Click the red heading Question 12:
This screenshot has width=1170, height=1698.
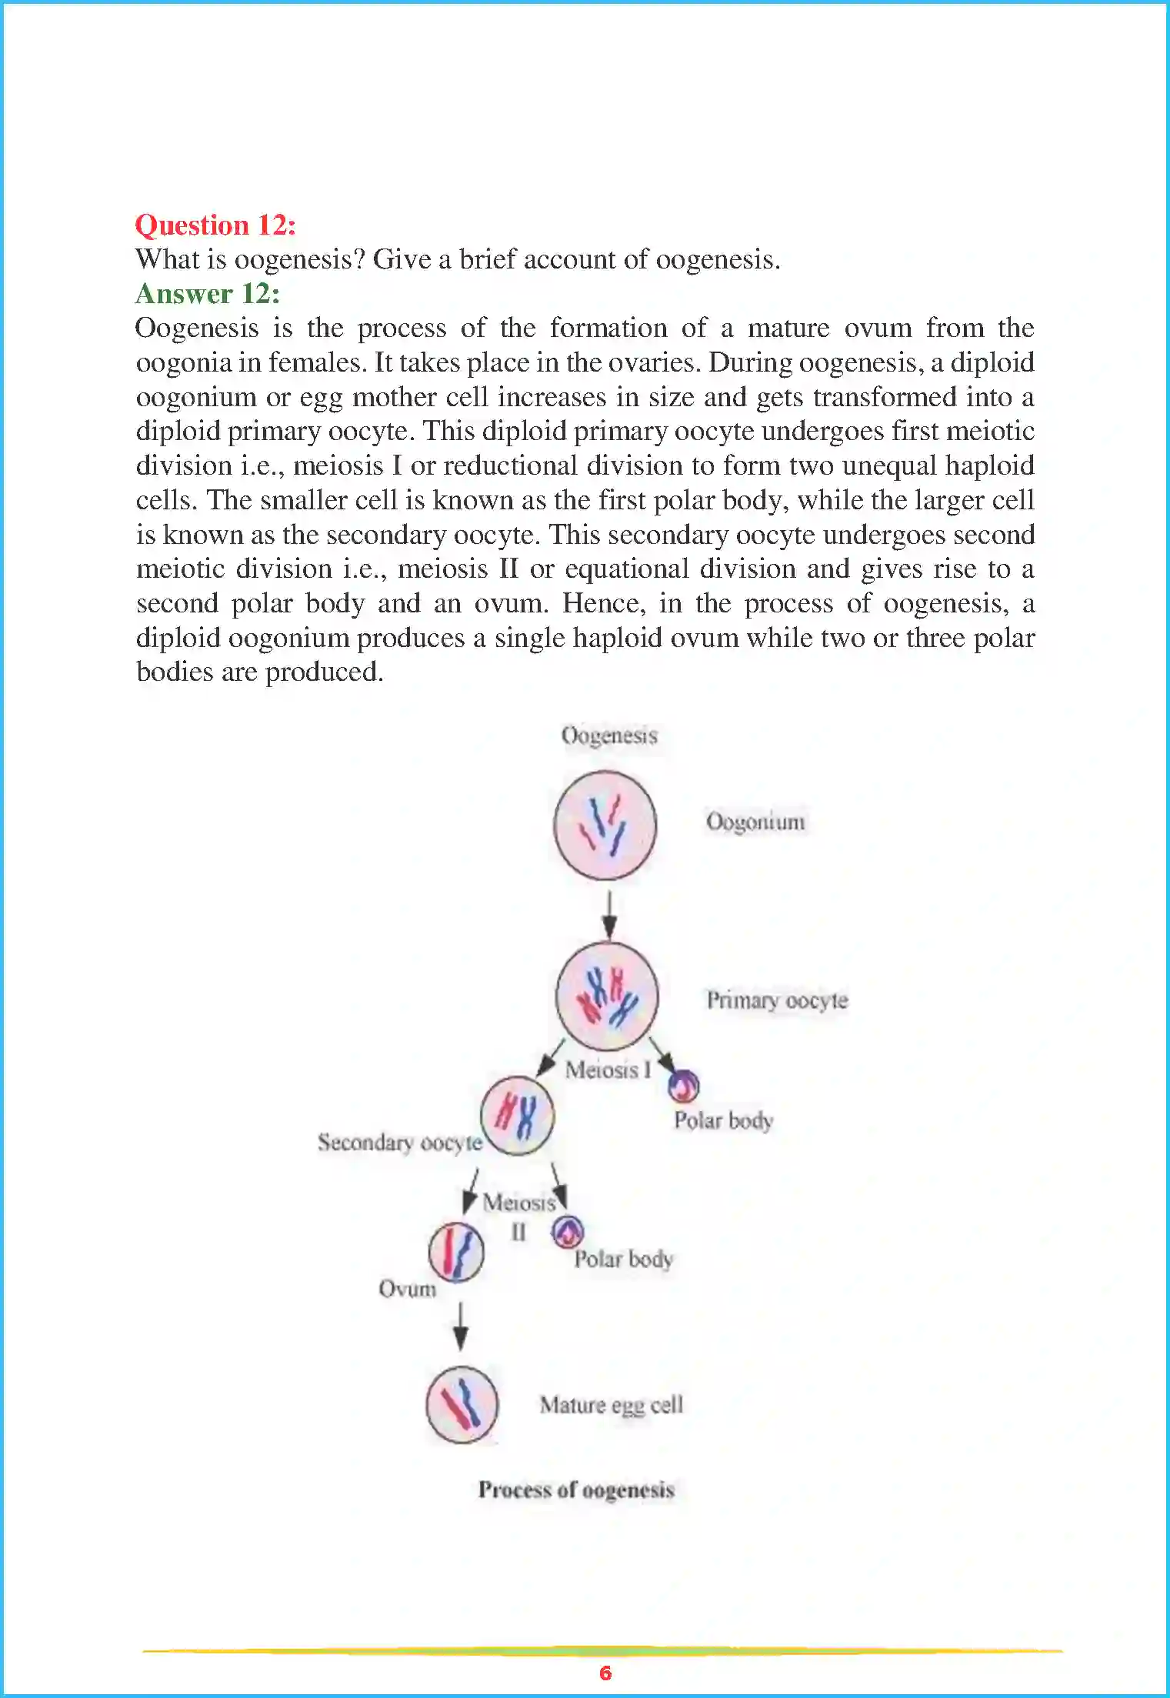point(215,225)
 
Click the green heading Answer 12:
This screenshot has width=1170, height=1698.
point(208,293)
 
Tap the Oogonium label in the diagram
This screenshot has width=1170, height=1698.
point(755,822)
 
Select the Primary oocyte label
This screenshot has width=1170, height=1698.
point(777,999)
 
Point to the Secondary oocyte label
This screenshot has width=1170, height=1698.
point(399,1142)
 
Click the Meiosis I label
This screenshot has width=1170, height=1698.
point(608,1069)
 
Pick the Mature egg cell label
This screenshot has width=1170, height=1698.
point(611,1405)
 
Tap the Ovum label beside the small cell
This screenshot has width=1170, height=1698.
point(407,1288)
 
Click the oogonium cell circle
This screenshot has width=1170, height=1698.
point(605,826)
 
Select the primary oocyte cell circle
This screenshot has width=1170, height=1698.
point(607,996)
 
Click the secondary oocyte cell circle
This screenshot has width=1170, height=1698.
point(517,1115)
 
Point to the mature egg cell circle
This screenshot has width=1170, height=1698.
point(462,1405)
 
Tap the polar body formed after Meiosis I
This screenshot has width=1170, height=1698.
point(683,1086)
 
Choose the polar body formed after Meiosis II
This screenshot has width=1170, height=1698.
point(568,1232)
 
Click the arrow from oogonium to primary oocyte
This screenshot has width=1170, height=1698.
point(609,914)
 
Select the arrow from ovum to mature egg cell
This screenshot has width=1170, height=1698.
point(460,1325)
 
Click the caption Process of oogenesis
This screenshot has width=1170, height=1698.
point(576,1490)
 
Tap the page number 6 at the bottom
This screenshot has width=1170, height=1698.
point(605,1673)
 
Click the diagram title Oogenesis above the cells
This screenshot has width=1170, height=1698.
point(609,735)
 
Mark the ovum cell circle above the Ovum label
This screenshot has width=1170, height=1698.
point(456,1252)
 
